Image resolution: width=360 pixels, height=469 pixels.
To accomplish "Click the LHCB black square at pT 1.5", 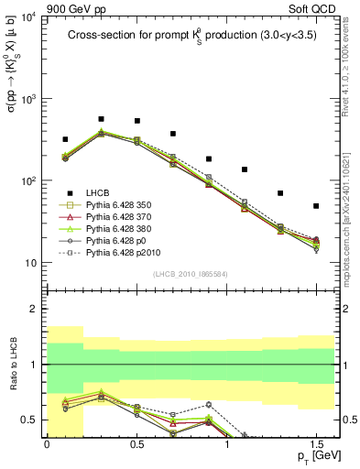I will coord(316,206).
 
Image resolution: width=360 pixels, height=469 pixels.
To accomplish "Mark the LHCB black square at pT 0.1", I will coord(65,139).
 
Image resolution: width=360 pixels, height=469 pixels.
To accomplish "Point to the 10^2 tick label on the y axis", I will coord(28,181).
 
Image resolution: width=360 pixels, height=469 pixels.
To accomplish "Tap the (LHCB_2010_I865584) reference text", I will coord(191,274).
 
